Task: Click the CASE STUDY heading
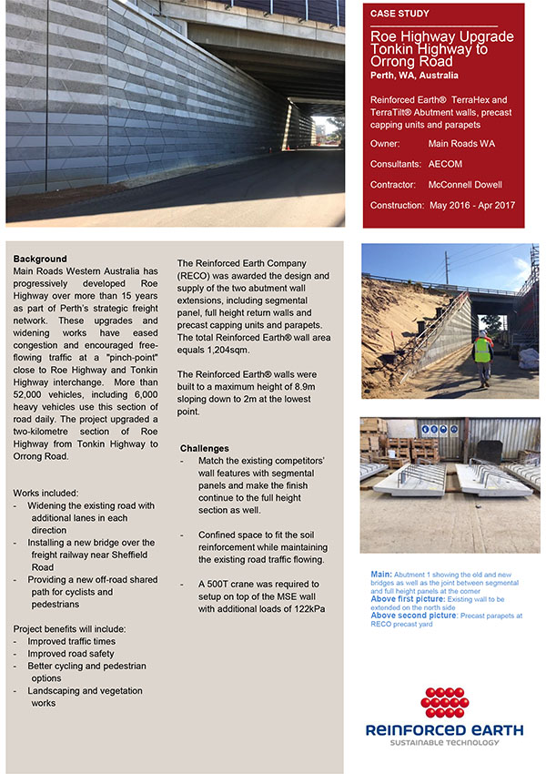coord(399,14)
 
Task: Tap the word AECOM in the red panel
coord(449,164)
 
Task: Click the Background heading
coord(40,259)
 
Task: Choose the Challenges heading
coord(205,448)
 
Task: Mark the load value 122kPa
coord(304,608)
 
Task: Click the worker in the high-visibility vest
coord(482,349)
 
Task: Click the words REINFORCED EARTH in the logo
coord(443,729)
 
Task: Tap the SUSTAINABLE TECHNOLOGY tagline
coord(443,743)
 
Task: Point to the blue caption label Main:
coord(381,574)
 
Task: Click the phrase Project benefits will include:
coord(69,628)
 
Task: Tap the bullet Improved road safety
coord(71,653)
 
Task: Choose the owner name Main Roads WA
coord(461,144)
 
